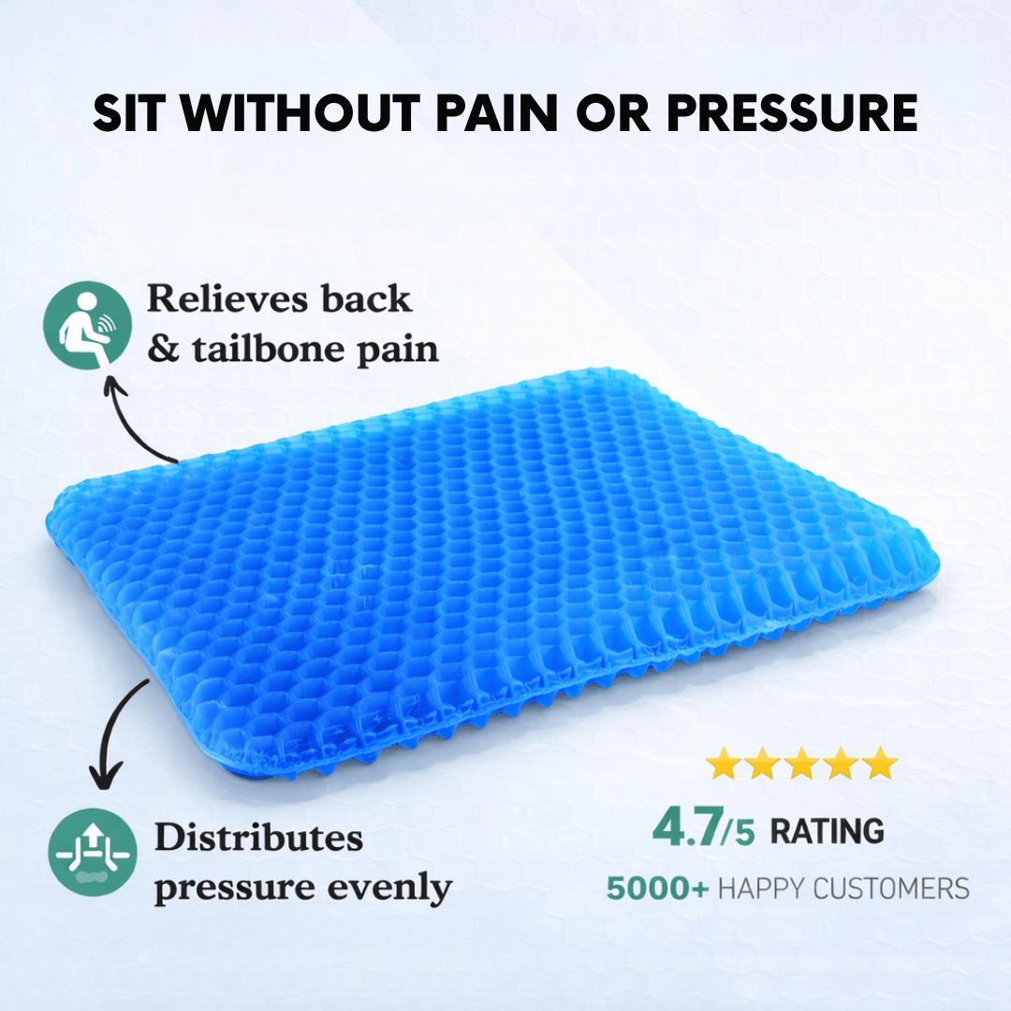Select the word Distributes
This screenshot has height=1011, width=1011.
(x=258, y=837)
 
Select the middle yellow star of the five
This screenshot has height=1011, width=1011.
(x=802, y=764)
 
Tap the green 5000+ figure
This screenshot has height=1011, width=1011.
(x=657, y=887)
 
